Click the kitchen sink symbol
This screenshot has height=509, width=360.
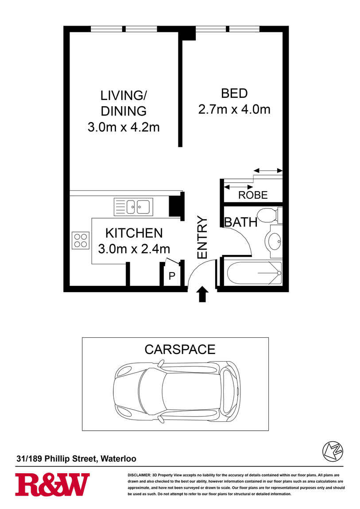click(x=133, y=207)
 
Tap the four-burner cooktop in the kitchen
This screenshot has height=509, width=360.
click(x=81, y=240)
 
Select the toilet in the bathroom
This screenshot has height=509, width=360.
click(x=269, y=215)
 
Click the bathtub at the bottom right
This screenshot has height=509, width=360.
click(x=255, y=273)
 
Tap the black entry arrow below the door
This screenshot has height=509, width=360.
click(x=202, y=294)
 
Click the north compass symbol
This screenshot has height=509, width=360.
click(x=333, y=451)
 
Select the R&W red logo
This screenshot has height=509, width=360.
click(x=52, y=484)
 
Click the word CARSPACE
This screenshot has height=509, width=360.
click(x=180, y=349)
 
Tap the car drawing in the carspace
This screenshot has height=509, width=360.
click(x=177, y=392)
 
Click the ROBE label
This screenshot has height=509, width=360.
click(x=253, y=195)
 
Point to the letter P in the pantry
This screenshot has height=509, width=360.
click(x=172, y=276)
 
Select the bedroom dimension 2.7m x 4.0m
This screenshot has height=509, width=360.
click(x=234, y=109)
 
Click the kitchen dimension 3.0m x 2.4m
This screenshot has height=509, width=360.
click(x=134, y=249)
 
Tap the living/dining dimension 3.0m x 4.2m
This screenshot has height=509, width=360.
click(x=124, y=127)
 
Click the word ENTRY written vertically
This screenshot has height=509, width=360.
click(x=202, y=237)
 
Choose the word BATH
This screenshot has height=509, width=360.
click(x=241, y=222)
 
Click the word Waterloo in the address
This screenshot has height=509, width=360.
click(x=119, y=459)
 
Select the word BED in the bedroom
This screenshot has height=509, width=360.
click(x=234, y=93)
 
